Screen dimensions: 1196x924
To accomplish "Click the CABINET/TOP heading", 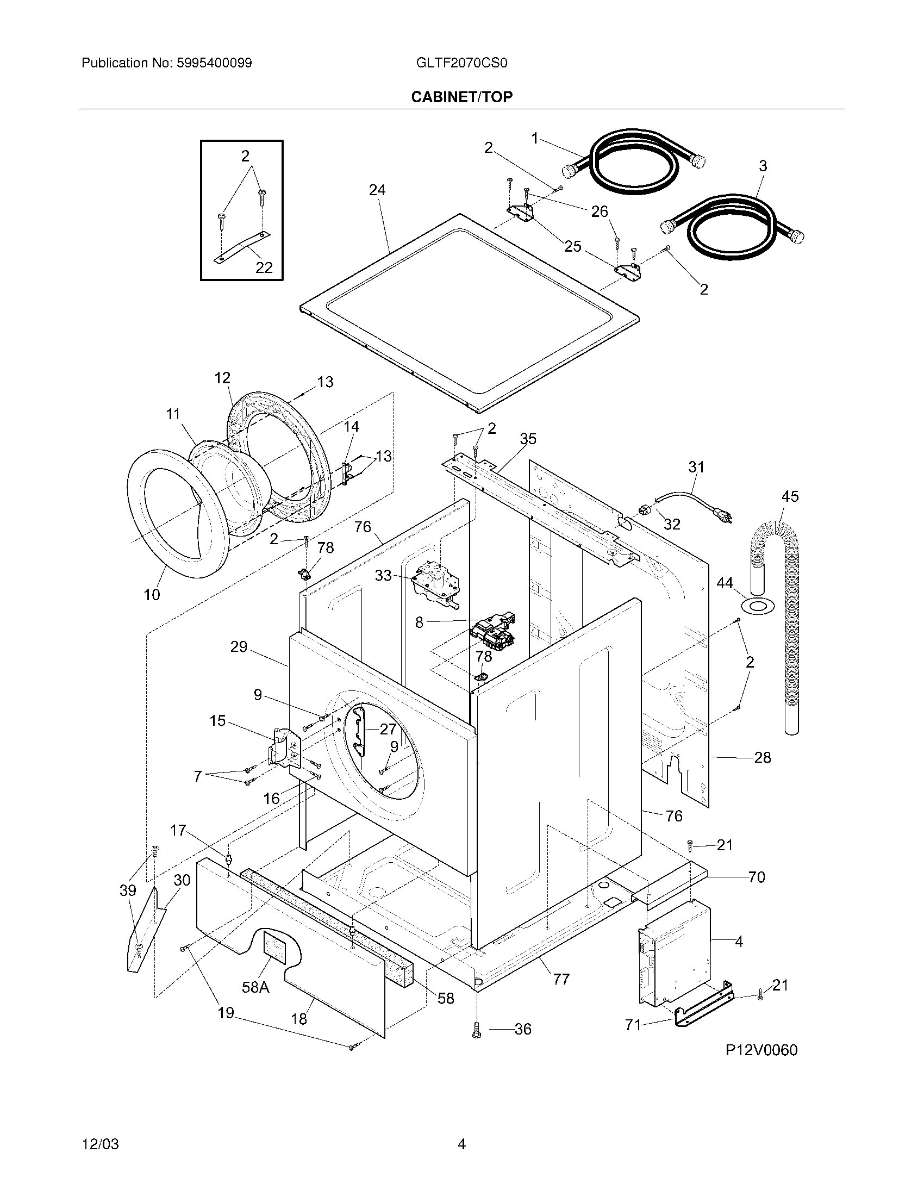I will [461, 97].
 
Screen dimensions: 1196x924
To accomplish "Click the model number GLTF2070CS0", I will [461, 63].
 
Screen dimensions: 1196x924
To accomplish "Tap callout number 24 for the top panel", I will [377, 190].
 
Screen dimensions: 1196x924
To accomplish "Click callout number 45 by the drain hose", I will [790, 496].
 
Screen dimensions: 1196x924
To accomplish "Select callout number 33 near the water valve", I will [383, 575].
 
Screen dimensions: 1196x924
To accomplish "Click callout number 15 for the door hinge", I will [217, 721].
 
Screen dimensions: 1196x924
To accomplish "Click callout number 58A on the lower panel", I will [255, 987].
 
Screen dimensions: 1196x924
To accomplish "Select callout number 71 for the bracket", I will [633, 1025].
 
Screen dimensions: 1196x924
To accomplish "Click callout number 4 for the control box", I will [739, 942].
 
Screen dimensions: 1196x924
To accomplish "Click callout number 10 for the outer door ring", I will [152, 595].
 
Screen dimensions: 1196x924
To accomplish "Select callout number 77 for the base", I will [561, 979].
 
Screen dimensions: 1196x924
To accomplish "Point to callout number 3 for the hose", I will [763, 166].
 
